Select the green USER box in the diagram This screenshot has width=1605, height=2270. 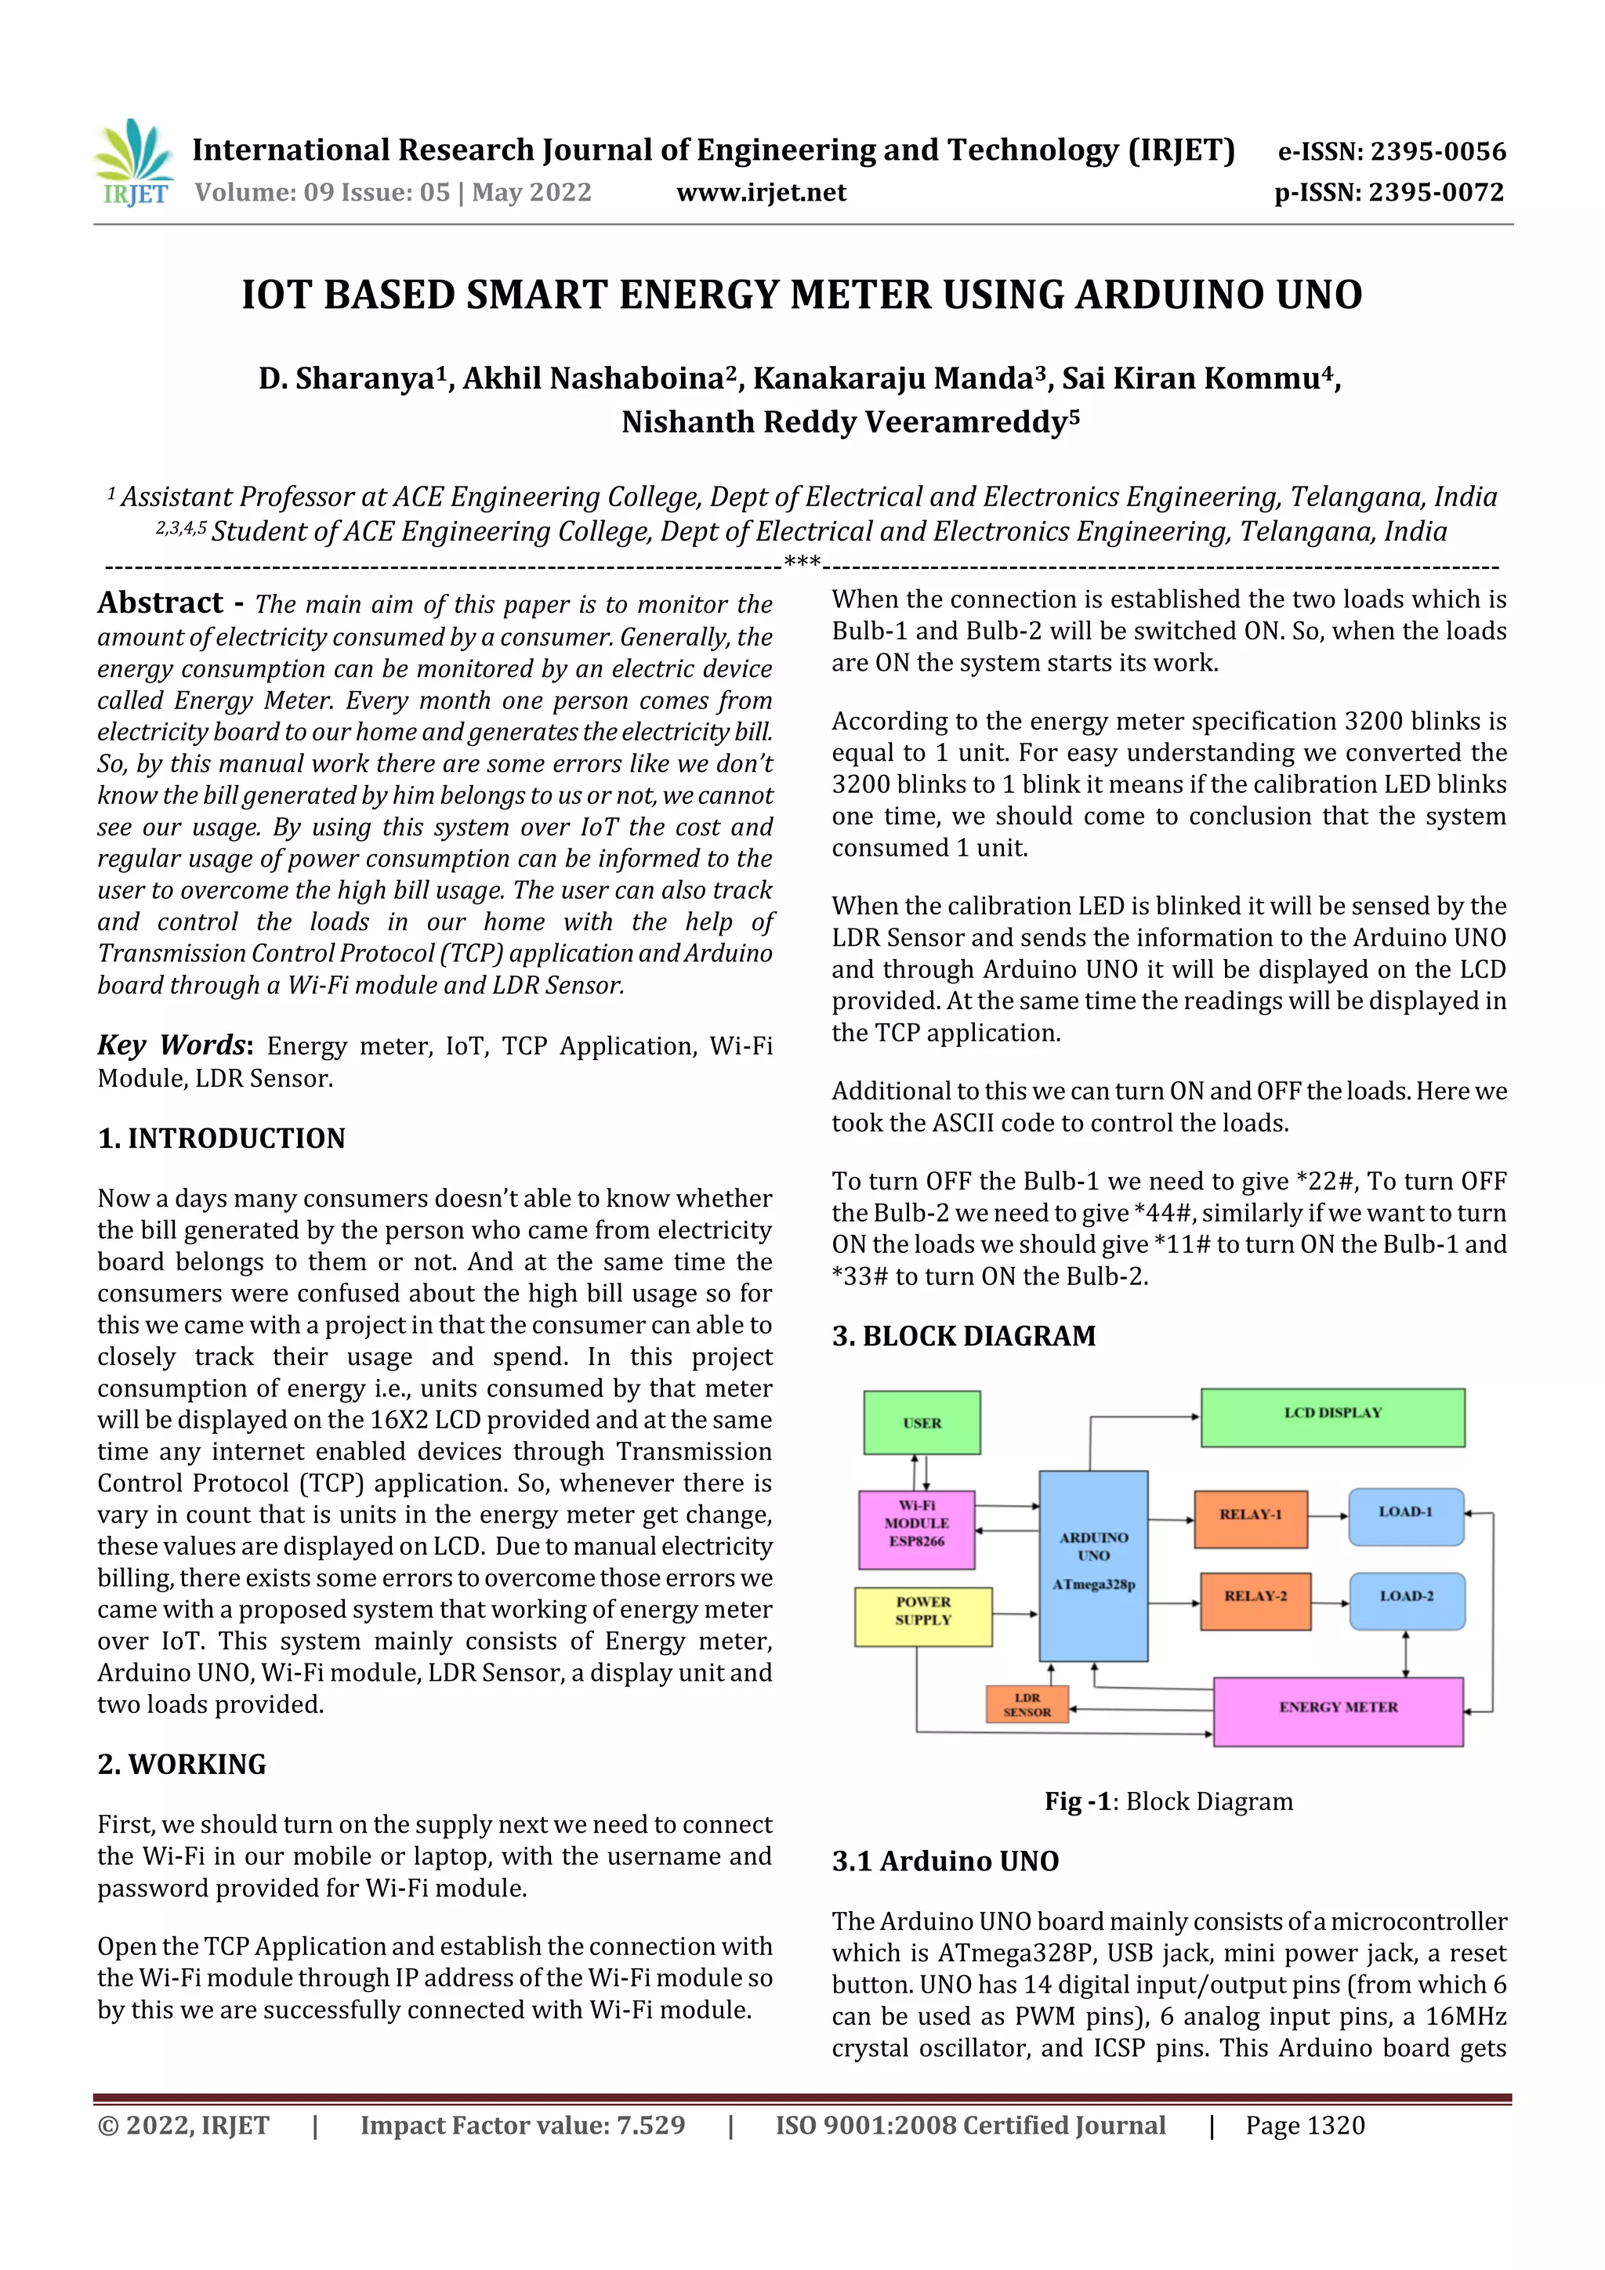pyautogui.click(x=922, y=1423)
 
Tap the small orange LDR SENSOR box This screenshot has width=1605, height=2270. pyautogui.click(x=1027, y=1703)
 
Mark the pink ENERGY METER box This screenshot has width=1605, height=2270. pyautogui.click(x=1337, y=1711)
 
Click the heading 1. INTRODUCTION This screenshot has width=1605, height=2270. pyautogui.click(x=222, y=1138)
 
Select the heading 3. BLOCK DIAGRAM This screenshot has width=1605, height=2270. pyautogui.click(x=963, y=1336)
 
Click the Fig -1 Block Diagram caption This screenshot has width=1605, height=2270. pyautogui.click(x=1168, y=1801)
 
